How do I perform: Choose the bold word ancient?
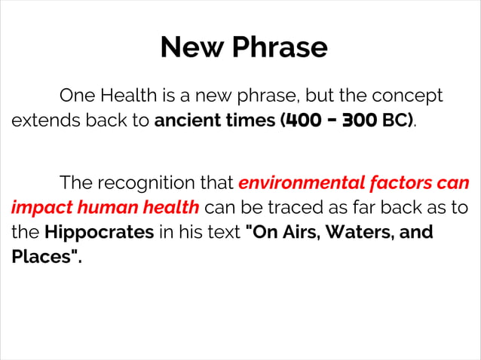[188, 121]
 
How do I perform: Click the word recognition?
[165, 182]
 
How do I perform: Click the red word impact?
[37, 207]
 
